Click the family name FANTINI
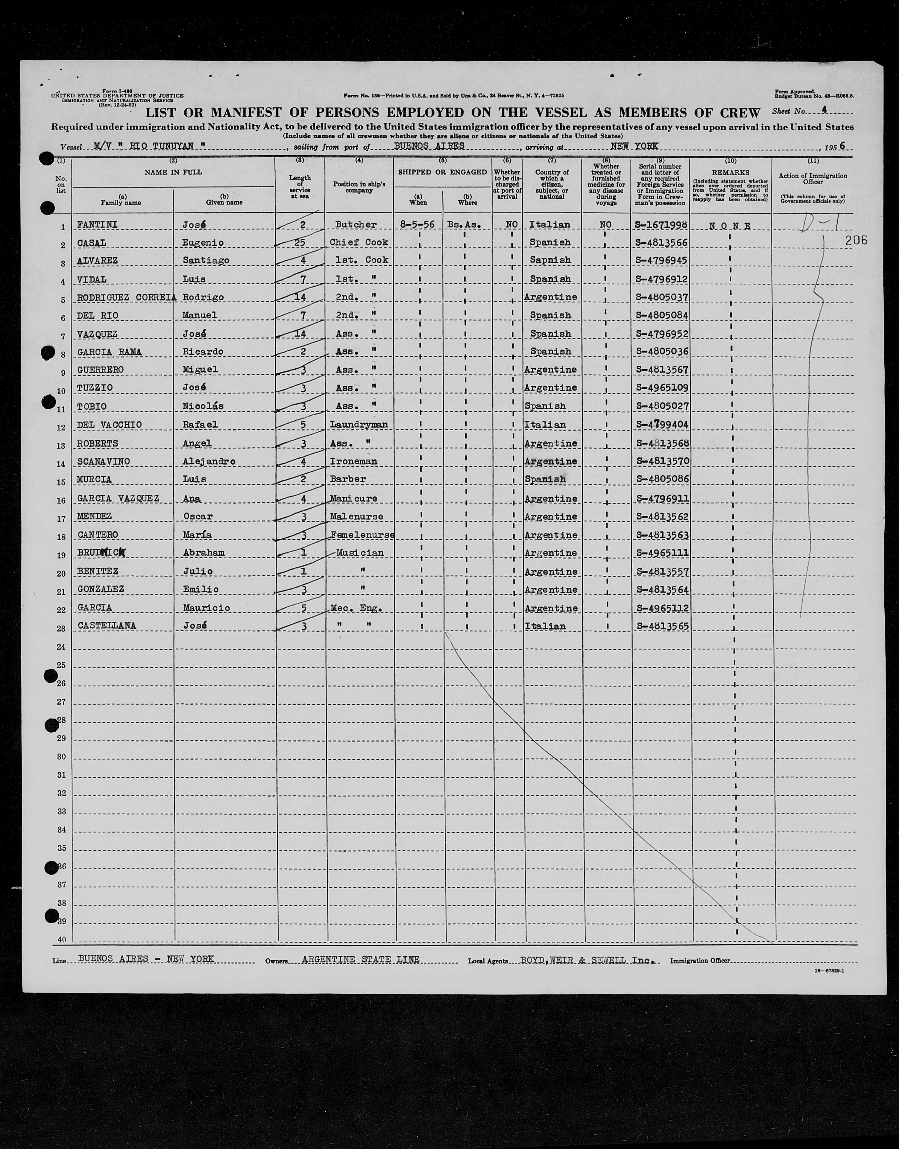click(x=97, y=225)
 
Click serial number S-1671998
click(x=661, y=225)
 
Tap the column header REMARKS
click(x=731, y=173)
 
